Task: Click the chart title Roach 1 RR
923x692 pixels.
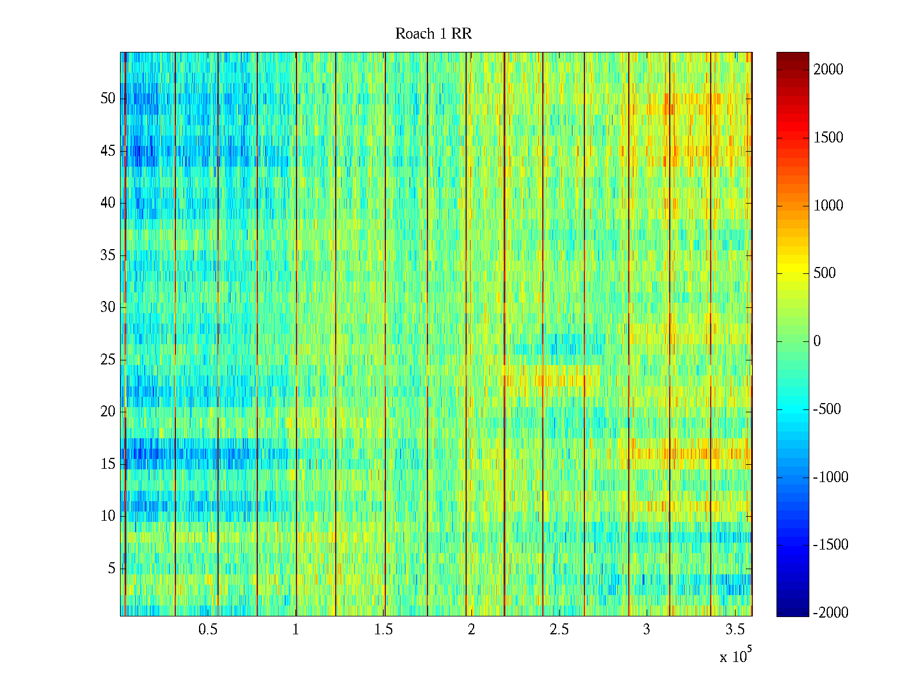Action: tap(433, 34)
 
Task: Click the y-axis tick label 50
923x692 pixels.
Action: tap(108, 99)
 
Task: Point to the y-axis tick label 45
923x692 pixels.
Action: tap(108, 151)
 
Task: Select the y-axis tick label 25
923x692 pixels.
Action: tap(108, 360)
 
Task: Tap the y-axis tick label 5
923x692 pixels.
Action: tap(111, 569)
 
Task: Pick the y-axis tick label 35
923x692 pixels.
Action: tap(108, 255)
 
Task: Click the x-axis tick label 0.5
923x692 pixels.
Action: tap(208, 630)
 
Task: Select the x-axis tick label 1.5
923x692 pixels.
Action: tap(383, 630)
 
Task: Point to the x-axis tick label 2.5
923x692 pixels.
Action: tap(558, 630)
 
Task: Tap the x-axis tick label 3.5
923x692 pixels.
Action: tap(734, 630)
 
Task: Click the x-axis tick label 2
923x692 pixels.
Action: tap(471, 630)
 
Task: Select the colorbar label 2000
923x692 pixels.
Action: tap(828, 70)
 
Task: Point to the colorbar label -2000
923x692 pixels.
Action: tap(831, 613)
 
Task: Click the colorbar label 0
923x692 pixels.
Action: tap(817, 341)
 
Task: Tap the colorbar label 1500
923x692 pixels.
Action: tap(828, 138)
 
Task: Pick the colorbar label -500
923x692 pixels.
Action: tap(827, 409)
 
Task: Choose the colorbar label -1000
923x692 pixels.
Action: tap(831, 477)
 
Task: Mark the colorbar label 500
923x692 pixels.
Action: tap(824, 273)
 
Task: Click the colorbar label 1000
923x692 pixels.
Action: tap(828, 206)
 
